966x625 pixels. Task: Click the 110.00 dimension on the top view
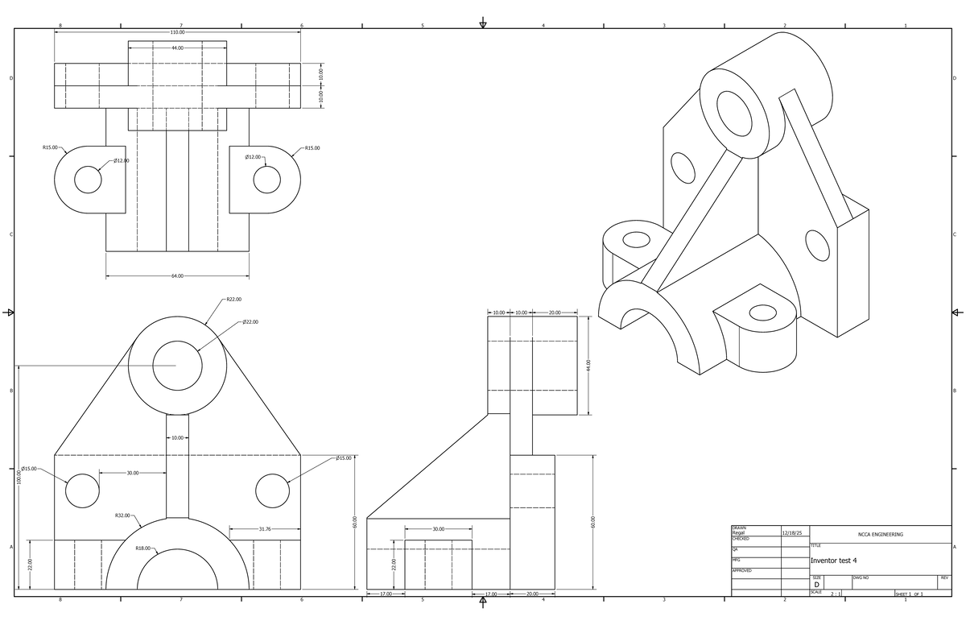pyautogui.click(x=177, y=32)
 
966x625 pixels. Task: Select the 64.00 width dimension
pyautogui.click(x=177, y=275)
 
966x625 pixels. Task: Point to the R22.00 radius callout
pyautogui.click(x=233, y=300)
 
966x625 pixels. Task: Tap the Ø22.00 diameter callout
pyautogui.click(x=250, y=322)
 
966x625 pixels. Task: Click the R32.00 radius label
pyautogui.click(x=122, y=515)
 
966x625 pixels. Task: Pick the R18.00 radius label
pyautogui.click(x=142, y=548)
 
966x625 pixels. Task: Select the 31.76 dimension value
pyautogui.click(x=265, y=529)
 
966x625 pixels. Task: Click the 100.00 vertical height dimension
pyautogui.click(x=19, y=477)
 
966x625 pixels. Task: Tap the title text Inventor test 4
pyautogui.click(x=834, y=561)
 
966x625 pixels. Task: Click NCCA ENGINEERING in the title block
pyautogui.click(x=880, y=535)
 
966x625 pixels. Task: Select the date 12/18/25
pyautogui.click(x=792, y=533)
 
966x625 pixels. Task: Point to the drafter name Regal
pyautogui.click(x=738, y=533)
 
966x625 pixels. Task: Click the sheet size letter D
pyautogui.click(x=816, y=585)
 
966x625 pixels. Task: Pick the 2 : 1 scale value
pyautogui.click(x=836, y=594)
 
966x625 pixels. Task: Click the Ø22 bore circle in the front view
pyautogui.click(x=177, y=341)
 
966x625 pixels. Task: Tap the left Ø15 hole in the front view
pyautogui.click(x=82, y=474)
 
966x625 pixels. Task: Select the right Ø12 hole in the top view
pyautogui.click(x=267, y=167)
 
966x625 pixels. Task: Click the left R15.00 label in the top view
pyautogui.click(x=50, y=147)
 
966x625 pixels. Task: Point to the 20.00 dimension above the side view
pyautogui.click(x=555, y=312)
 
